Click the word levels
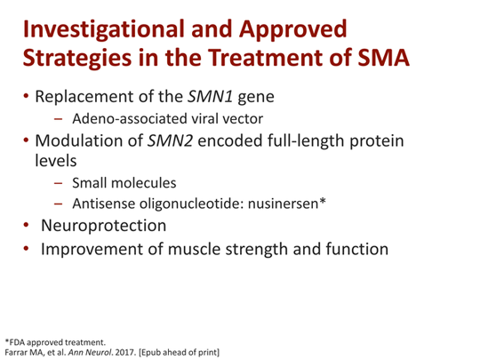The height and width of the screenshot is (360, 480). [59, 163]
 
